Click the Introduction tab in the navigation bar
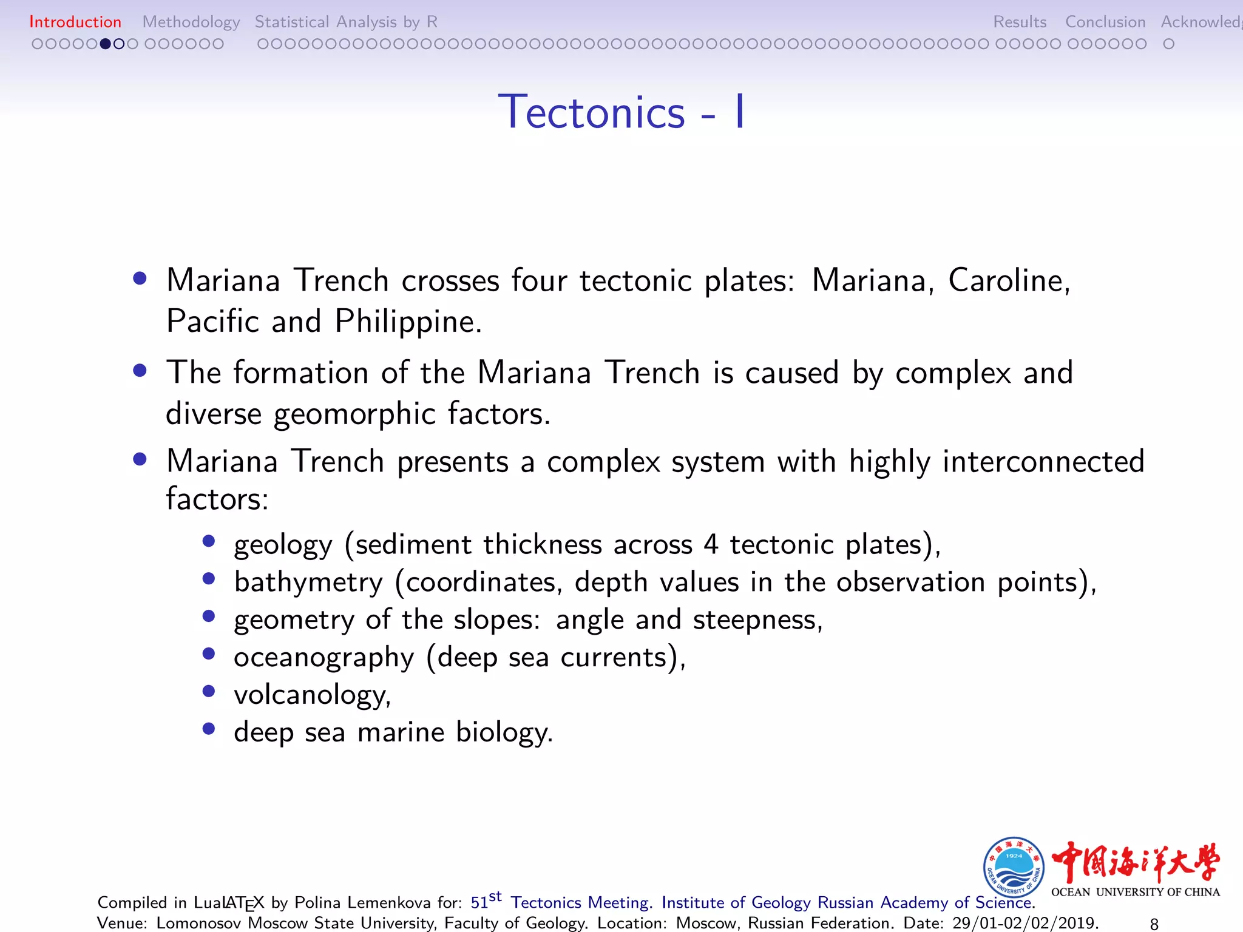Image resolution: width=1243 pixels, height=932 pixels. click(x=75, y=22)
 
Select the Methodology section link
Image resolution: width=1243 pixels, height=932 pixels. click(x=191, y=22)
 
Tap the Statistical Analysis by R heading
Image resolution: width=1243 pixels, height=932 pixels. click(x=346, y=22)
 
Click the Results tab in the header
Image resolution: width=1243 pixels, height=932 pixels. click(x=1020, y=22)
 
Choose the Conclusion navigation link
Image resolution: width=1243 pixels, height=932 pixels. click(x=1105, y=22)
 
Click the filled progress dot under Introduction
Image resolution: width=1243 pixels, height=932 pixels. click(x=106, y=44)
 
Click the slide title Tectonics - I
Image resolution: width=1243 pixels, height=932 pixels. click(x=621, y=112)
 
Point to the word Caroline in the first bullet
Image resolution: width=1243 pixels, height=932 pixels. click(x=1008, y=281)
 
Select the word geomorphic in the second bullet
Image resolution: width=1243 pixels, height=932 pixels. click(x=354, y=414)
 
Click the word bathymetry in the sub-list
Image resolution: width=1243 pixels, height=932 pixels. click(x=308, y=582)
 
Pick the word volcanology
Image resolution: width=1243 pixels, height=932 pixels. click(x=312, y=695)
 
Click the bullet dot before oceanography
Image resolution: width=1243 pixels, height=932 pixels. click(x=209, y=654)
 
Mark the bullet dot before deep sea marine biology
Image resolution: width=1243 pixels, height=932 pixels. click(x=209, y=729)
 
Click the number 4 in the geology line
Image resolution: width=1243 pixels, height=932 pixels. click(x=711, y=544)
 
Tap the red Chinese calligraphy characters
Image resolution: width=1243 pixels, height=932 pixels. click(x=1135, y=862)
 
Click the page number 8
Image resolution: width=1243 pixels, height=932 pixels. click(x=1154, y=924)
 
